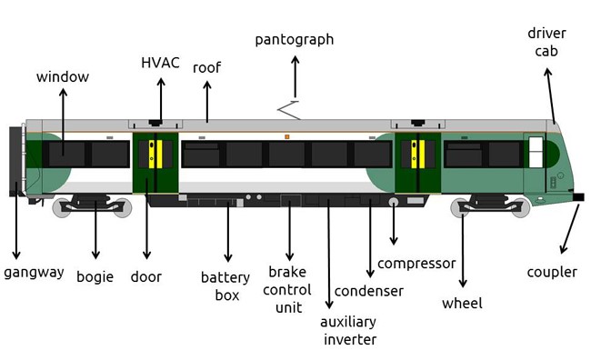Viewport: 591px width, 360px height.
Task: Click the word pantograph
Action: pyautogui.click(x=295, y=40)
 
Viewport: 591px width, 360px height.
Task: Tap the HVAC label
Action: pyautogui.click(x=160, y=63)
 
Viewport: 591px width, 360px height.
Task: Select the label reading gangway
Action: pyautogui.click(x=34, y=273)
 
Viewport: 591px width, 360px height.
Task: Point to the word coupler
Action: pyautogui.click(x=552, y=273)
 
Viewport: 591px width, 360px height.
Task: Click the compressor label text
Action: pyautogui.click(x=416, y=264)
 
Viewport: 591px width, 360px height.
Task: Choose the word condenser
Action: pyautogui.click(x=368, y=291)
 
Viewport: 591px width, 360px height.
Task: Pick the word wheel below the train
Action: pyautogui.click(x=462, y=303)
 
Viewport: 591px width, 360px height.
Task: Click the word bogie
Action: pyautogui.click(x=95, y=277)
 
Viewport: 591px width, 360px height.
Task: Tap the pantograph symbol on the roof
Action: pyautogui.click(x=289, y=110)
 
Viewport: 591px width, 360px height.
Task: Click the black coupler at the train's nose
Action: pyautogui.click(x=578, y=196)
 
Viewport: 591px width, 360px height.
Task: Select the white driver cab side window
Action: pyautogui.click(x=536, y=152)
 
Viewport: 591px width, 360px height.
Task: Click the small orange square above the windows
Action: pyautogui.click(x=286, y=136)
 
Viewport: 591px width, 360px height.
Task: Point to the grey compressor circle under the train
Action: pyautogui.click(x=394, y=202)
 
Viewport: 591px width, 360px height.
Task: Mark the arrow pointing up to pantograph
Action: pyautogui.click(x=295, y=77)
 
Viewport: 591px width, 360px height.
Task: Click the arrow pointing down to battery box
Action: pyautogui.click(x=227, y=232)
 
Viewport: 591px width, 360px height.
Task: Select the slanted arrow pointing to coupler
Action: pyautogui.click(x=569, y=228)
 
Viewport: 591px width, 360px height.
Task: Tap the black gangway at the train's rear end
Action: pyautogui.click(x=15, y=161)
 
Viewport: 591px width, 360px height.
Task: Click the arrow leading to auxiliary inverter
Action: pyautogui.click(x=328, y=254)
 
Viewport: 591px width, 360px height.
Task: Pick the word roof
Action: pyautogui.click(x=207, y=68)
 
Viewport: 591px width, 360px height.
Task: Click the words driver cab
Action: pyautogui.click(x=546, y=42)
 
